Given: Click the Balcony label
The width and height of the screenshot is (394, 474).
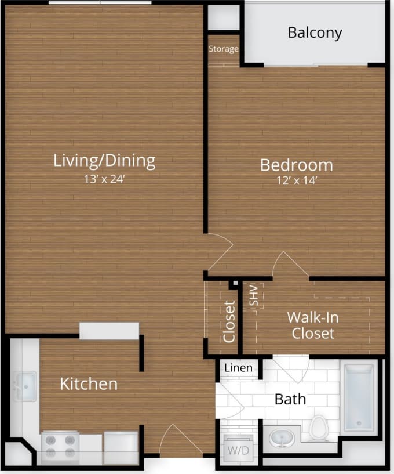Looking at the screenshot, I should click(x=315, y=32).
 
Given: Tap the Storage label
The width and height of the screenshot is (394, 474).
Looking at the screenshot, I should click(x=224, y=49).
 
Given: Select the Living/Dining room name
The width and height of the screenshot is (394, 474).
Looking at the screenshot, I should click(x=104, y=160).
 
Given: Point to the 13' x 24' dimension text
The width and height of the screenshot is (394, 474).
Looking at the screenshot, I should click(x=104, y=179).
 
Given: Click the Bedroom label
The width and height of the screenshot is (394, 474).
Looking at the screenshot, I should click(x=296, y=165).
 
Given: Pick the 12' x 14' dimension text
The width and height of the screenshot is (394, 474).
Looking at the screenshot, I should click(x=296, y=181).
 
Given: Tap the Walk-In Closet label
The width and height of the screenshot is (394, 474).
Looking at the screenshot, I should click(x=313, y=325).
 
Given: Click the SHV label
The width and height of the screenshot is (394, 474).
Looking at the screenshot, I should click(x=253, y=295).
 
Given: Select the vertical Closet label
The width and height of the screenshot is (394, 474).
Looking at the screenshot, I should click(x=230, y=321).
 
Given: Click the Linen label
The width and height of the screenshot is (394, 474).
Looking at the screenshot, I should click(x=238, y=368).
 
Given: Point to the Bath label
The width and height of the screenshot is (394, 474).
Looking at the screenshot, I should click(x=290, y=399).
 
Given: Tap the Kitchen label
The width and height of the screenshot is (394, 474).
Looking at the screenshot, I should click(x=89, y=383).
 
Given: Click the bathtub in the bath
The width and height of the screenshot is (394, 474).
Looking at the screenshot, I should click(x=358, y=398).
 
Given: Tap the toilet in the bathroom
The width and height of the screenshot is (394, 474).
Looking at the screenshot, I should click(x=318, y=428).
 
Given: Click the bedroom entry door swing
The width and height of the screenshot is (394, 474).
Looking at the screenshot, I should click(x=219, y=251).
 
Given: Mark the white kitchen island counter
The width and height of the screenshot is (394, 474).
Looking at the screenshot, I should click(x=109, y=331).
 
